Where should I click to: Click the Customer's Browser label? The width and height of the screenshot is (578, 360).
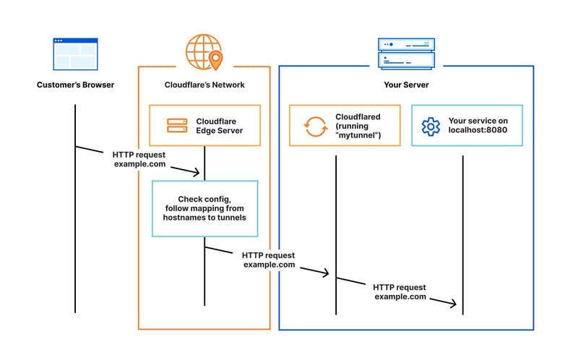click(x=75, y=85)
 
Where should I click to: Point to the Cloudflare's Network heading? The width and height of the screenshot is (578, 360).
click(x=204, y=85)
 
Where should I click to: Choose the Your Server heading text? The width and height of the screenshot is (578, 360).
click(x=406, y=85)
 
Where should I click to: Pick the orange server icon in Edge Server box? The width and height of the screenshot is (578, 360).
click(x=176, y=126)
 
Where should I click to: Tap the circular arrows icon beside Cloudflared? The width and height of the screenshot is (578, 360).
click(x=316, y=126)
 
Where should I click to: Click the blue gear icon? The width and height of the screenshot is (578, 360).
click(x=431, y=126)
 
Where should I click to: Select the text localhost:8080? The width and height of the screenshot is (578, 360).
click(x=479, y=132)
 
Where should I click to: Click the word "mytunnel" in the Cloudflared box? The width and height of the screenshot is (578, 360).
click(x=359, y=136)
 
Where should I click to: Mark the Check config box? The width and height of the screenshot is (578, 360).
click(x=204, y=209)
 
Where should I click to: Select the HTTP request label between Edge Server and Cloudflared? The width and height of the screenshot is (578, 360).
click(x=269, y=260)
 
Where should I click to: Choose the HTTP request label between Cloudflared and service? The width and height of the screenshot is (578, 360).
click(x=400, y=292)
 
